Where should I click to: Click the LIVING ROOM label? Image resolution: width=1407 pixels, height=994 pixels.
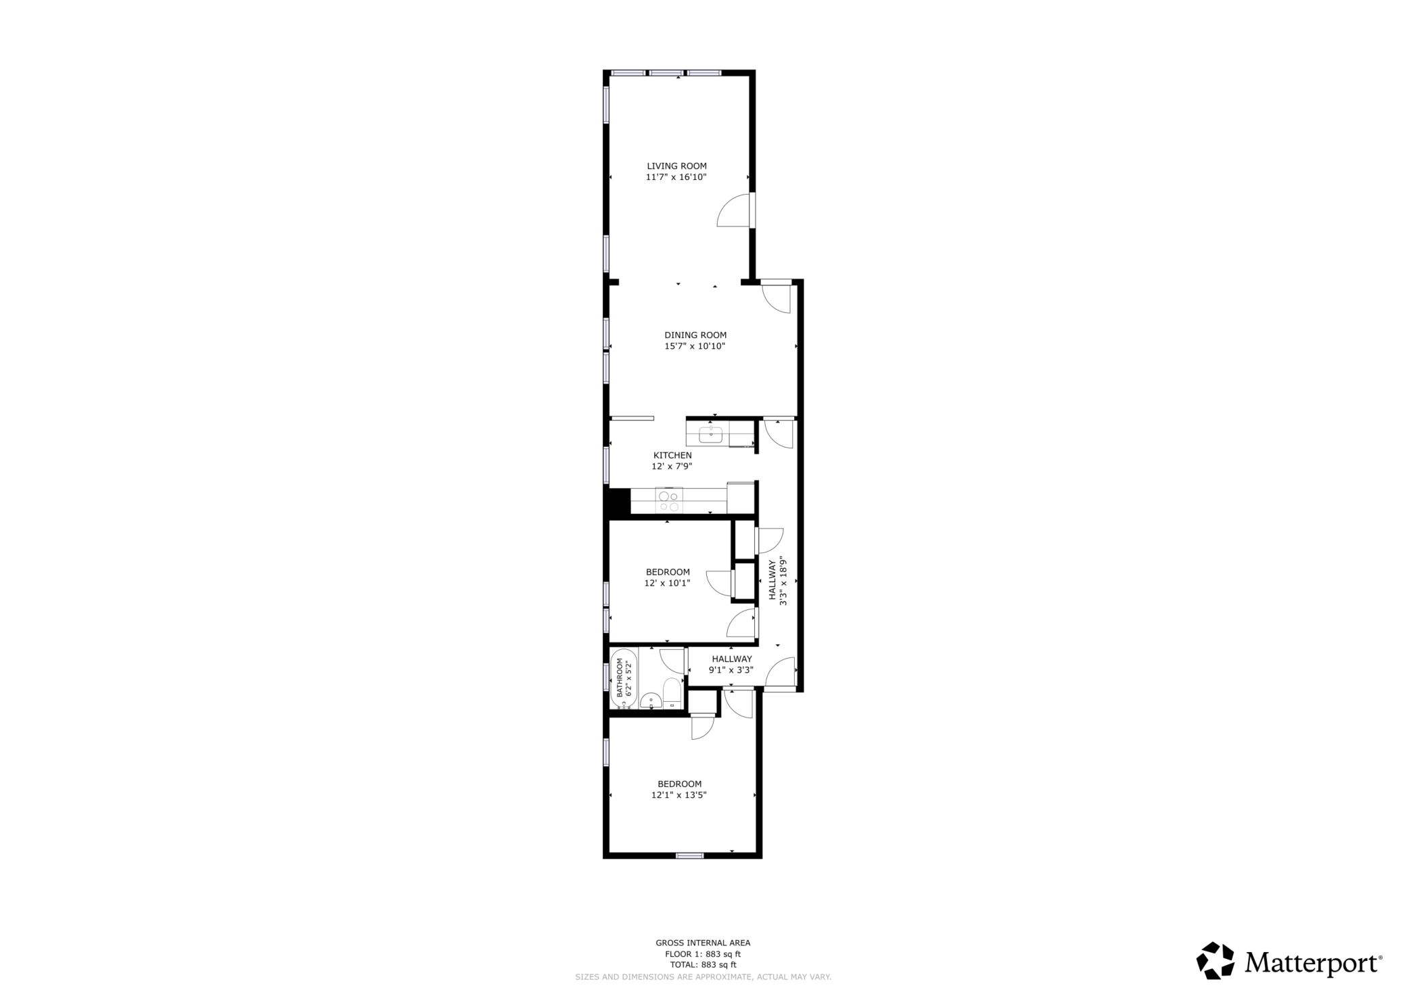[x=676, y=166]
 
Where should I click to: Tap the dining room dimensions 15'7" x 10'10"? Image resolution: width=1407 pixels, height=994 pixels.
[x=695, y=346]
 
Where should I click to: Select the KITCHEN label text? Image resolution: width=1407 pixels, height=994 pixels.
[x=672, y=455]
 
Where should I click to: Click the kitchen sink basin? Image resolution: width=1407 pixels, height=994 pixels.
[x=710, y=435]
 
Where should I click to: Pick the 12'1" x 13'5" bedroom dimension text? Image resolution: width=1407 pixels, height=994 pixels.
[x=678, y=795]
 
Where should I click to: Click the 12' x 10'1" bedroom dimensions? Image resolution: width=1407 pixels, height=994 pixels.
[x=667, y=583]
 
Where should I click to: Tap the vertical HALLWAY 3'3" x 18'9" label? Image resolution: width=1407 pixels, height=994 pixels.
[x=777, y=580]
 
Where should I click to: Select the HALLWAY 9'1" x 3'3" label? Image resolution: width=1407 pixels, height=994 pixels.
[x=731, y=664]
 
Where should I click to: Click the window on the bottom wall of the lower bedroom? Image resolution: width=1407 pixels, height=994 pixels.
[x=689, y=855]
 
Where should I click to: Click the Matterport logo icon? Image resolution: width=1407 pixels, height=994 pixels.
[x=1215, y=961]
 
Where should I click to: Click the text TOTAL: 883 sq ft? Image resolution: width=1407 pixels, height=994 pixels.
[x=703, y=965]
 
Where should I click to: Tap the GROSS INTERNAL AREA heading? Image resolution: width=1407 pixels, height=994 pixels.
[x=703, y=943]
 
